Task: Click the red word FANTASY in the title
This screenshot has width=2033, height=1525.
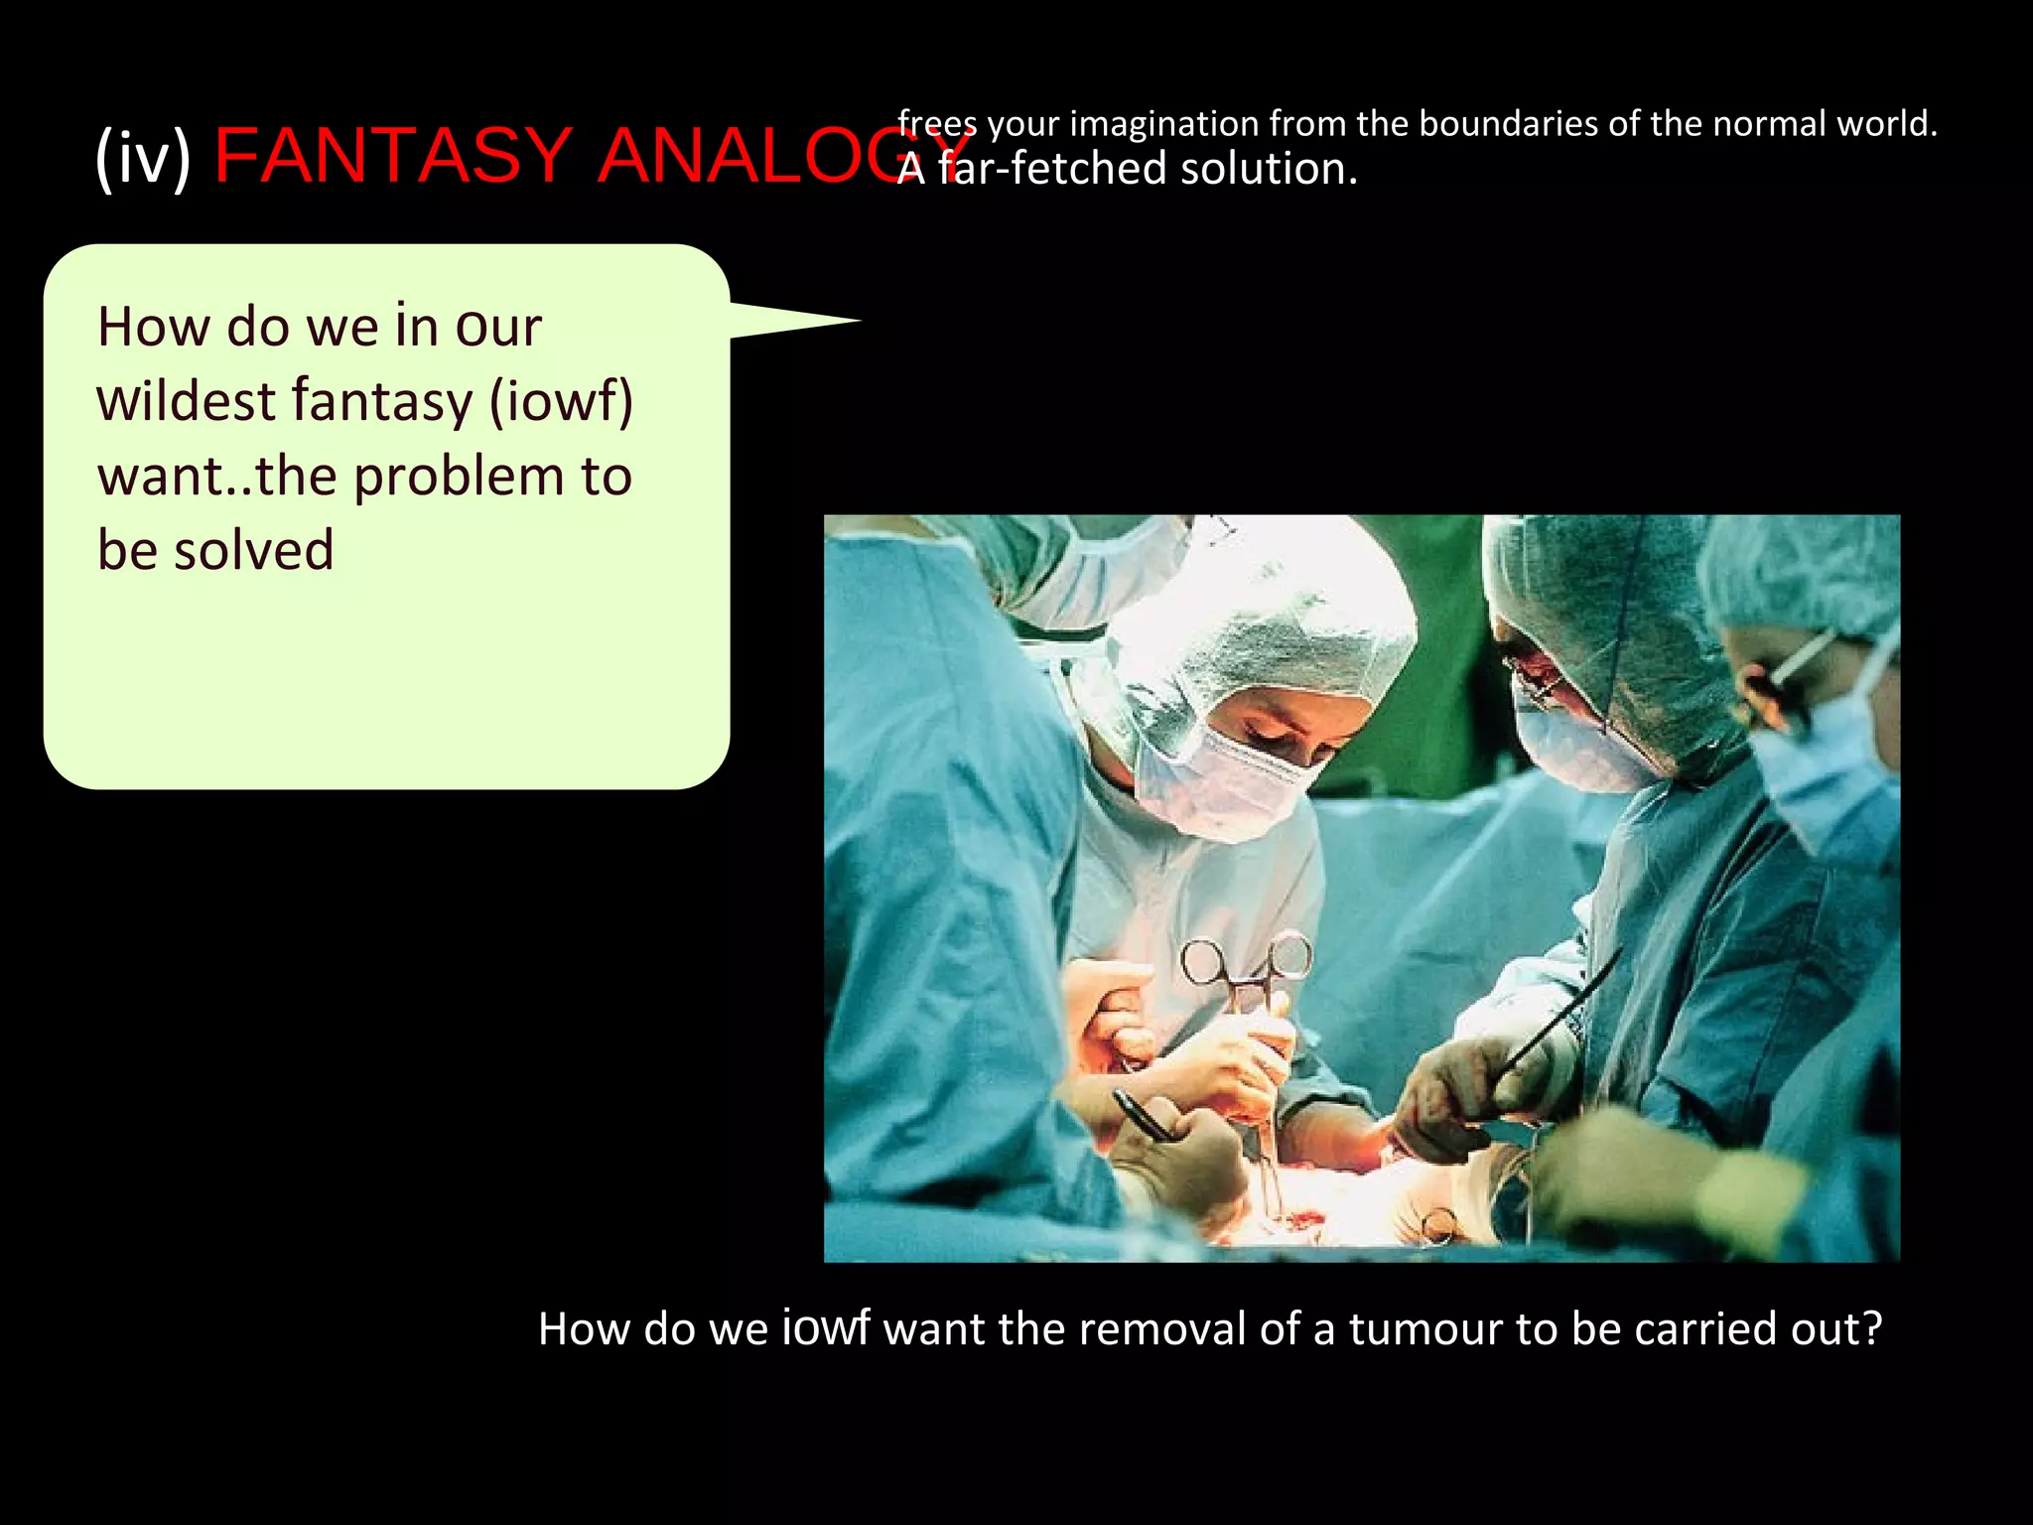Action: pyautogui.click(x=393, y=156)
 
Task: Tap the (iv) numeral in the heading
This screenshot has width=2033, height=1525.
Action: pyautogui.click(x=143, y=158)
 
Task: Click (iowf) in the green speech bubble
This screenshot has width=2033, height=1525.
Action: pyautogui.click(x=561, y=401)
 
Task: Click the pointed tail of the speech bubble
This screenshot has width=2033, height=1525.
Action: pyautogui.click(x=834, y=321)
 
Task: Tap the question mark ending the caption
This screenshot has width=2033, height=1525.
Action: pyautogui.click(x=1871, y=1328)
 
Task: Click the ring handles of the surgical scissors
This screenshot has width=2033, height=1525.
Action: pyautogui.click(x=1246, y=958)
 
